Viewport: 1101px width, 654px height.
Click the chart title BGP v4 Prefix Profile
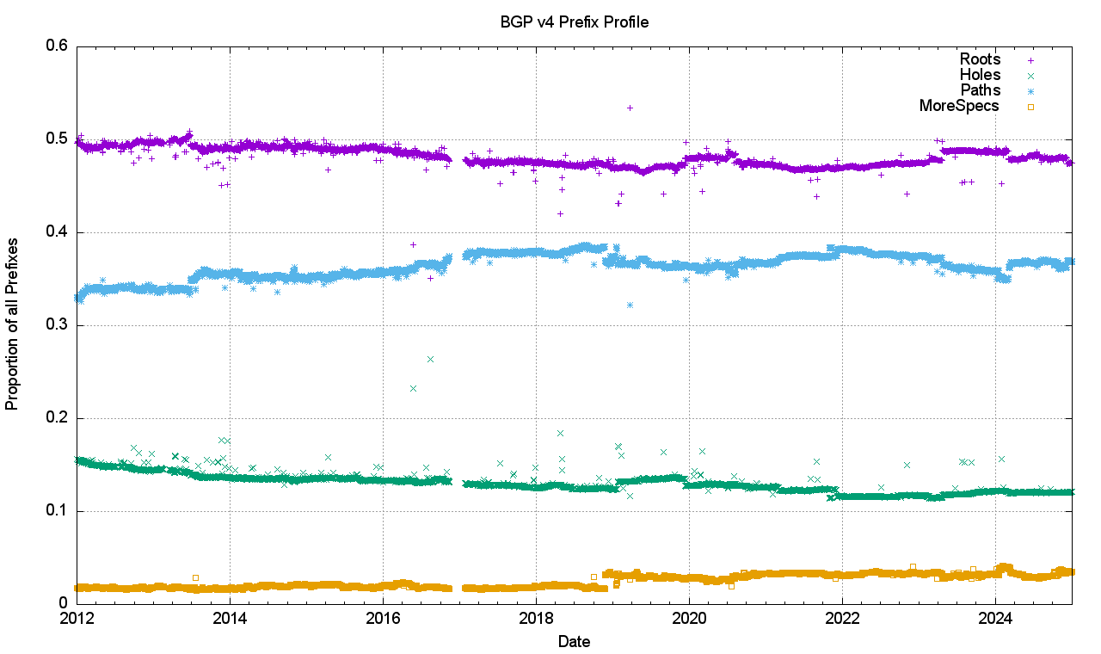coord(574,22)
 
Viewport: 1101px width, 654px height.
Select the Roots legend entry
coord(980,59)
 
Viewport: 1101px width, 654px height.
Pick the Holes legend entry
coord(980,75)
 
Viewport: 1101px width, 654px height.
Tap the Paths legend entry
coord(980,90)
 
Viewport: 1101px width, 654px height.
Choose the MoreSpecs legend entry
coord(959,106)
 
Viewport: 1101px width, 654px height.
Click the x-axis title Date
coord(574,641)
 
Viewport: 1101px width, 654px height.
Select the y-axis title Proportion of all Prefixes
coord(13,325)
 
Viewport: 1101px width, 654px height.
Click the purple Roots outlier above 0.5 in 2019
coord(630,108)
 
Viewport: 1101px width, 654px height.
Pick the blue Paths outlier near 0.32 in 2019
coord(630,305)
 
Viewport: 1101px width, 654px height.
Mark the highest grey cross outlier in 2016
coord(430,358)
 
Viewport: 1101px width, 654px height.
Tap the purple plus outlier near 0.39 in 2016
coord(413,244)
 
